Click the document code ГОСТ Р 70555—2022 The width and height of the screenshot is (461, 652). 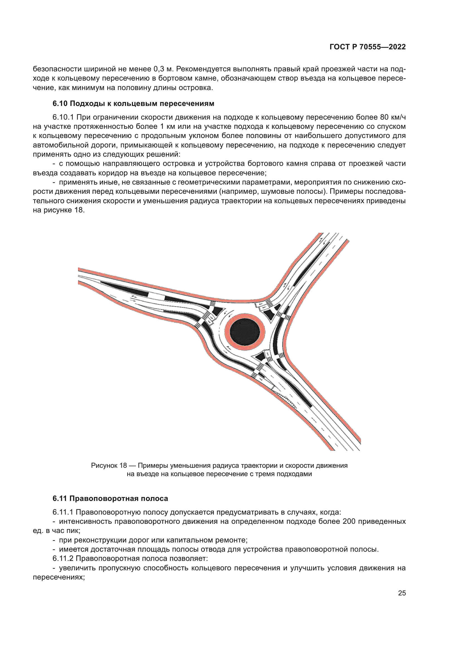click(368, 47)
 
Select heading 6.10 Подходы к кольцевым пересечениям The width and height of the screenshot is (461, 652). click(133, 104)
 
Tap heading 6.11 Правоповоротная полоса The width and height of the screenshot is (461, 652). click(110, 498)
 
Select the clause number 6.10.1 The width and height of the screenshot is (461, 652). click(63, 117)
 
